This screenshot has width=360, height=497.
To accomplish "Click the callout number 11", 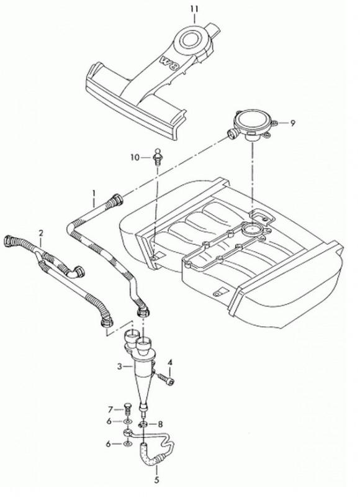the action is pyautogui.click(x=194, y=9).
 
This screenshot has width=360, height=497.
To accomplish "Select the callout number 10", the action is pyautogui.click(x=135, y=157).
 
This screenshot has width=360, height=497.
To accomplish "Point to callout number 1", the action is pyautogui.click(x=94, y=193).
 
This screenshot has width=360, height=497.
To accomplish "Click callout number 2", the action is pyautogui.click(x=40, y=233).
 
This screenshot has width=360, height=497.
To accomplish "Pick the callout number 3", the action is pyautogui.click(x=119, y=367).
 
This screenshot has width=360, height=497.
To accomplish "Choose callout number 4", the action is pyautogui.click(x=170, y=362).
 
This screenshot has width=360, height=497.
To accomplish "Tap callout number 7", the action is pyautogui.click(x=110, y=410).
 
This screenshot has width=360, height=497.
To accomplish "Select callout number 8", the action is pyautogui.click(x=160, y=424).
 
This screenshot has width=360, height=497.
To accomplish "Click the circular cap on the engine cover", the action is pyautogui.click(x=189, y=39).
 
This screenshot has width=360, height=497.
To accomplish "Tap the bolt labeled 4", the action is pyautogui.click(x=166, y=379).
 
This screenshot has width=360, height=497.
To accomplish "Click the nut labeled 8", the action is pyautogui.click(x=143, y=424).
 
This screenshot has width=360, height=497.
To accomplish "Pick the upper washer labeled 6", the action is pyautogui.click(x=128, y=422).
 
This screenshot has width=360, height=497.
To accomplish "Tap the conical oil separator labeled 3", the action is pyautogui.click(x=140, y=368).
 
